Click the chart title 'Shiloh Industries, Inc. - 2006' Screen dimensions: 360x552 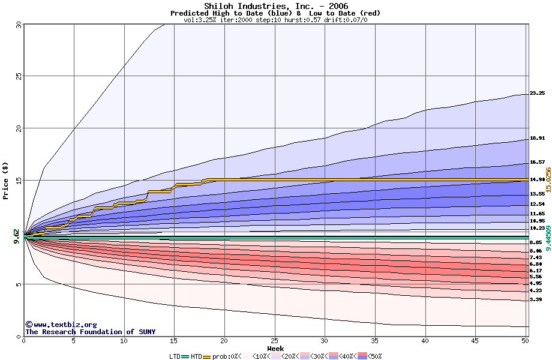click(275, 6)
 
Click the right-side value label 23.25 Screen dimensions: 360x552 click(537, 93)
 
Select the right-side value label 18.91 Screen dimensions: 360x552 click(537, 138)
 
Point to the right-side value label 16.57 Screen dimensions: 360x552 click(537, 162)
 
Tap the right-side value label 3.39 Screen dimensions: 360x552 click(536, 299)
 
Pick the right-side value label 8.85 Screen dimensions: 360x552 click(536, 242)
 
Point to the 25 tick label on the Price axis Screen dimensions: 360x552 click(18, 76)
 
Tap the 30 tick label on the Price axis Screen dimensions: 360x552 click(18, 25)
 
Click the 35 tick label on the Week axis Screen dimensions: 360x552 click(375, 341)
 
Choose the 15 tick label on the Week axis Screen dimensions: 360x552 click(174, 341)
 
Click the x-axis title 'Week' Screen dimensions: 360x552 click(275, 349)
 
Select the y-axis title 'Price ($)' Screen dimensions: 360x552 click(6, 180)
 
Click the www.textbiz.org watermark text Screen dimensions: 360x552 click(57, 325)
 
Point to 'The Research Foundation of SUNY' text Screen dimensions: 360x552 click(90, 332)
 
